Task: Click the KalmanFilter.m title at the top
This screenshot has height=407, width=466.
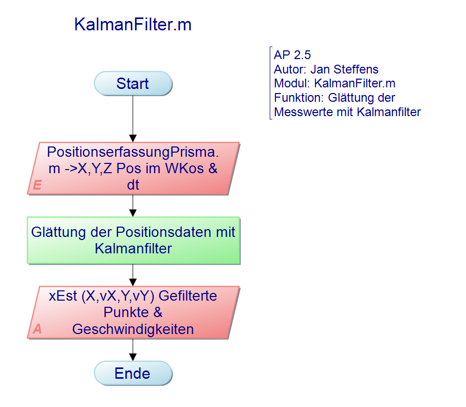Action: point(133,25)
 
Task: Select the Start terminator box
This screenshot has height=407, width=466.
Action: point(133,84)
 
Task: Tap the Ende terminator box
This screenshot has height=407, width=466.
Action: point(133,374)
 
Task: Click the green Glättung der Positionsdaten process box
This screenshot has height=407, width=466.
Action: point(133,240)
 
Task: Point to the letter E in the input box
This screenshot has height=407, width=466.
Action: point(37,186)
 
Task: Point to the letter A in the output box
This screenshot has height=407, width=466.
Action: point(37,329)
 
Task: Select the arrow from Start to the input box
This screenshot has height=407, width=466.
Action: point(133,118)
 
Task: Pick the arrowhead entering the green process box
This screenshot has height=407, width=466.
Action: point(133,212)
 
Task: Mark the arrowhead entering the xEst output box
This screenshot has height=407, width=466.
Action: point(133,282)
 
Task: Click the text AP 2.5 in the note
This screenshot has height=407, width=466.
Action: point(292,55)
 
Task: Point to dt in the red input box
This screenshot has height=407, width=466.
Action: point(133,186)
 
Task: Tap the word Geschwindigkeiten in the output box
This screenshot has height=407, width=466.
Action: point(133,329)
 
